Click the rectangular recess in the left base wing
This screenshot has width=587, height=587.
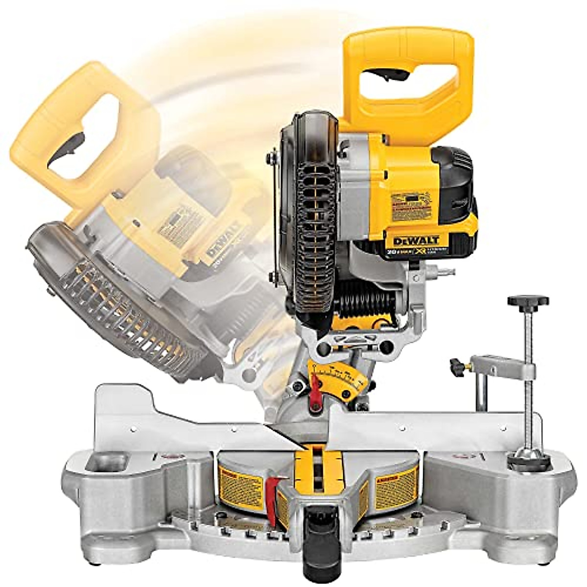(x=106, y=462)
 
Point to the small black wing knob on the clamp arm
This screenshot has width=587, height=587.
(x=458, y=365)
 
